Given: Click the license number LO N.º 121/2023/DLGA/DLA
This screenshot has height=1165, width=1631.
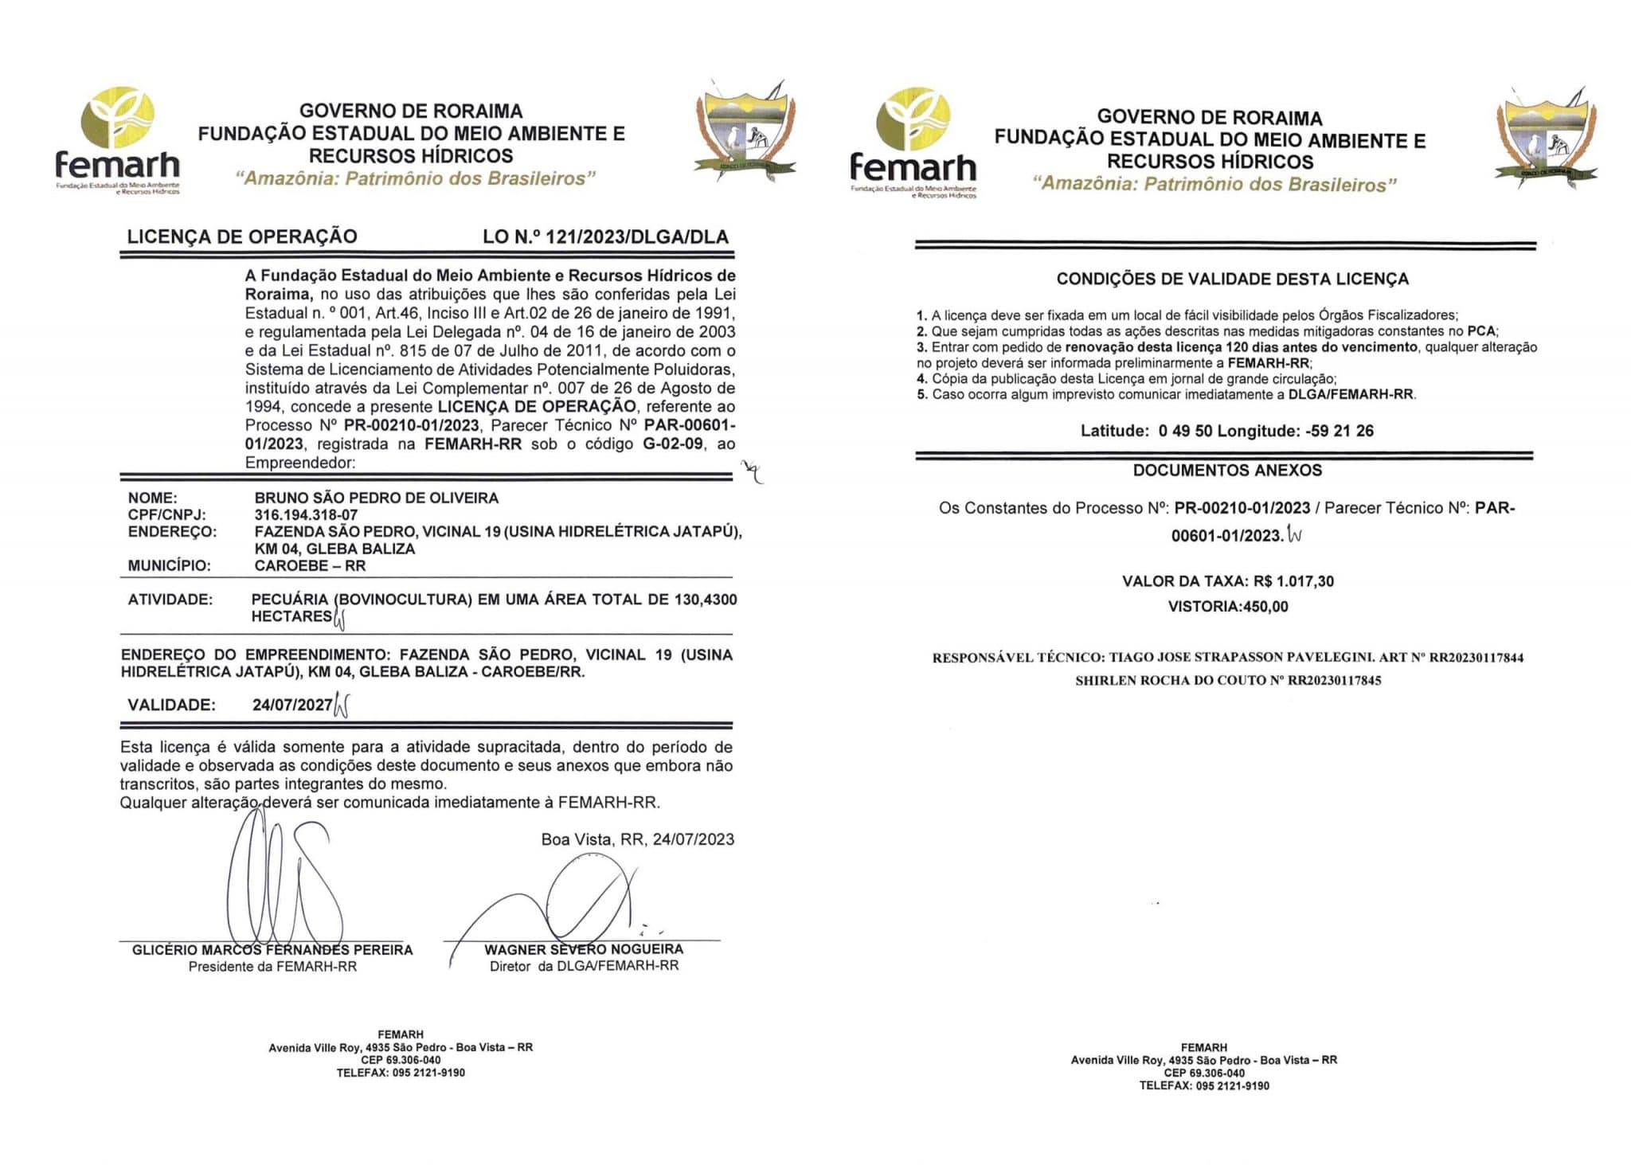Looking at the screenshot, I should (x=605, y=237).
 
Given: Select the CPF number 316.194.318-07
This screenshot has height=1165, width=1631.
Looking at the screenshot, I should (x=306, y=514).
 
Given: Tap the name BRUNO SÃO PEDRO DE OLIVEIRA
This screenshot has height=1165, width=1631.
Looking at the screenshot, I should (x=376, y=498).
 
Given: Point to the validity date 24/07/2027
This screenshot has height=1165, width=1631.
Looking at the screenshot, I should (x=291, y=705).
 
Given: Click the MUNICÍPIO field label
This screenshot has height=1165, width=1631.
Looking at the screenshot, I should (x=169, y=566).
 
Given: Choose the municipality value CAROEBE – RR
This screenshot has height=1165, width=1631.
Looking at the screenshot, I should (x=310, y=566).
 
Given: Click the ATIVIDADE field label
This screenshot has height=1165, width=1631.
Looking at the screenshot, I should (x=170, y=600).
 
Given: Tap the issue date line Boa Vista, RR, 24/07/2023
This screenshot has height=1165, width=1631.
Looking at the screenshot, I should (x=637, y=839).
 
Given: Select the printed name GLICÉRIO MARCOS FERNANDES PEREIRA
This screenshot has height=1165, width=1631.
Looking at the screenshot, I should (x=272, y=950).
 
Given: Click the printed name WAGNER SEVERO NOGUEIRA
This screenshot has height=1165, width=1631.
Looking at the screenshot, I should (x=584, y=949).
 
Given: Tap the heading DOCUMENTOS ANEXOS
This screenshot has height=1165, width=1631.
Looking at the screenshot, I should (x=1227, y=470).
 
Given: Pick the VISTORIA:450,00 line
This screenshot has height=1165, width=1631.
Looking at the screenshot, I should (x=1227, y=607).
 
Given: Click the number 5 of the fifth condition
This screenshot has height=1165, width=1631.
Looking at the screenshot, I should (x=921, y=394).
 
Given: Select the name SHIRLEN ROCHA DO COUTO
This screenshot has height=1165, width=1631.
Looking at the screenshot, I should (x=1171, y=681).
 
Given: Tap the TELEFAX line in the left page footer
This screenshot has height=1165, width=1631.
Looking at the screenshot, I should (x=401, y=1073).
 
